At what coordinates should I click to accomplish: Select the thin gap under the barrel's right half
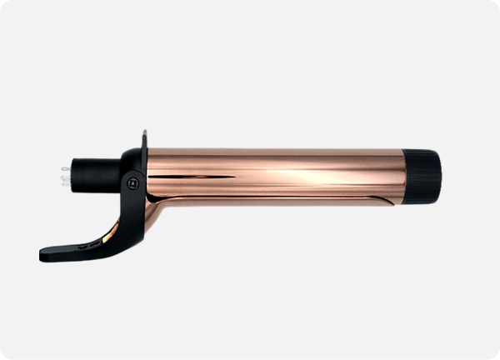333,199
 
